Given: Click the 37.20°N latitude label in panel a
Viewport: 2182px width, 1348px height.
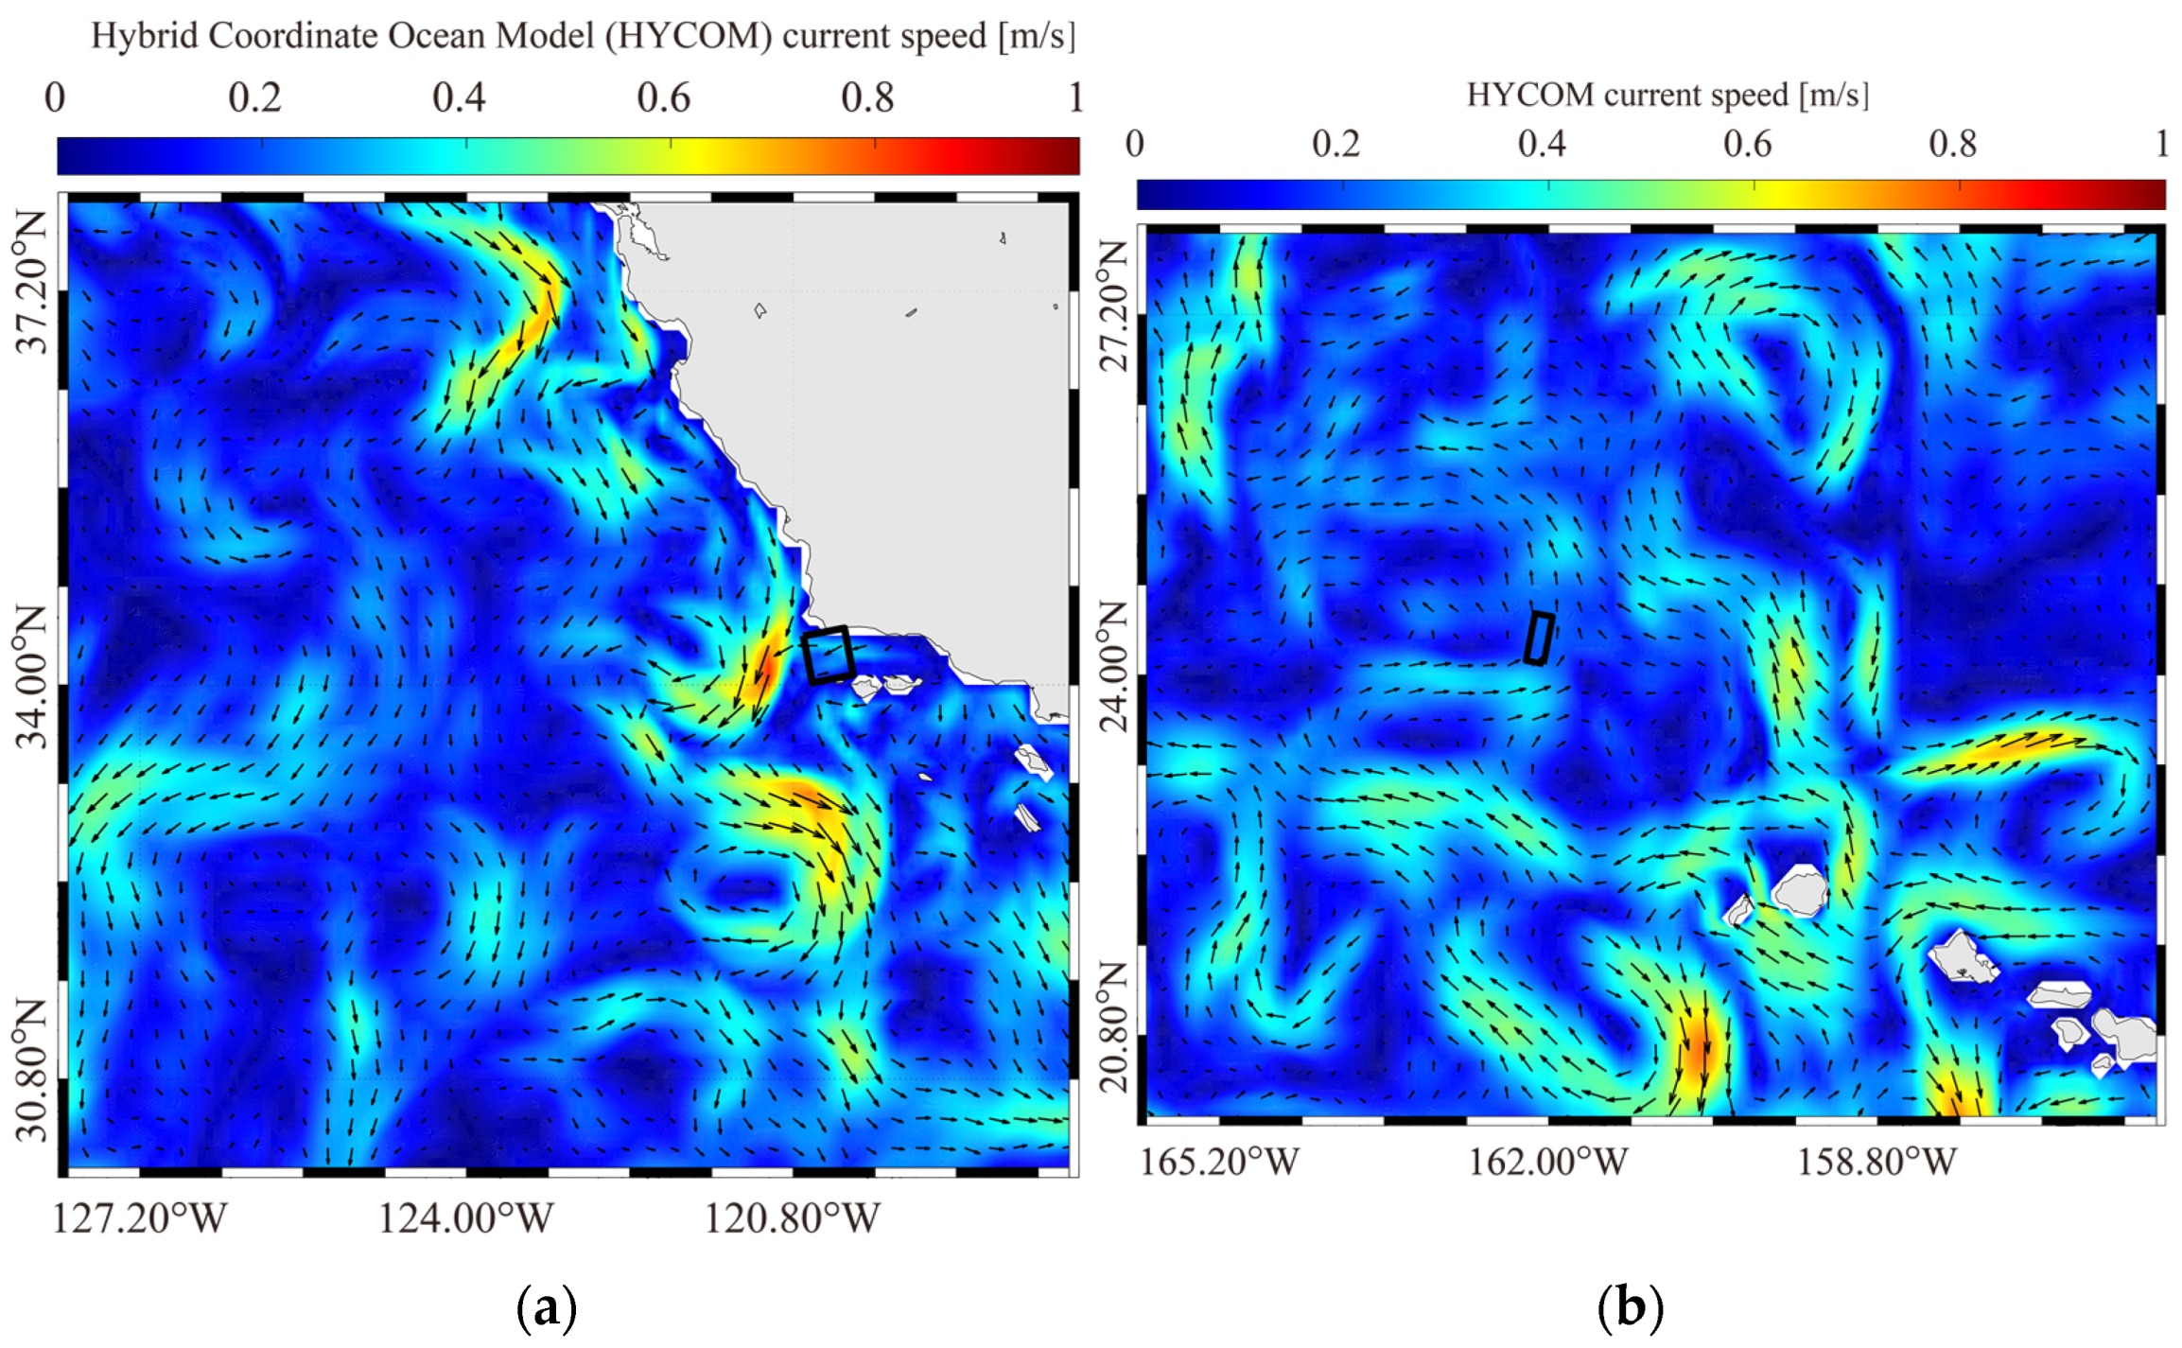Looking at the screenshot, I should [30, 282].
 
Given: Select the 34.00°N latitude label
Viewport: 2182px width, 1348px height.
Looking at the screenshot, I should [30, 677].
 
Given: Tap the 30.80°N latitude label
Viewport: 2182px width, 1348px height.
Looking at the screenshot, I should [30, 1071].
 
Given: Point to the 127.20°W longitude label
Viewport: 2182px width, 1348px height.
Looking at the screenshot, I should [140, 1219].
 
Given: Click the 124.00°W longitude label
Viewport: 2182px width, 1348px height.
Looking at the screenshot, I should [466, 1219].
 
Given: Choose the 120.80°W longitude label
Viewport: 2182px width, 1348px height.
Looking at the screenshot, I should [793, 1219].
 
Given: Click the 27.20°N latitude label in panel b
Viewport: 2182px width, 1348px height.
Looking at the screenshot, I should [1116, 305].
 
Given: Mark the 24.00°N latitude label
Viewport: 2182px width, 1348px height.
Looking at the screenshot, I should [1116, 668].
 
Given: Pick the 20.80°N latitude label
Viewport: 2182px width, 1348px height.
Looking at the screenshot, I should [1116, 1027].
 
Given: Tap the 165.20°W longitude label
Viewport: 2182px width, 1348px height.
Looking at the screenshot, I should [1219, 1163].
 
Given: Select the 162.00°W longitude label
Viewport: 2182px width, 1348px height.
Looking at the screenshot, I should [1547, 1163].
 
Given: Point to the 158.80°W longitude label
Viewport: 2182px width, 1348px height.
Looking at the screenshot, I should [1877, 1163].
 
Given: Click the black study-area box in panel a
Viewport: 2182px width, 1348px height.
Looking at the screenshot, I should [829, 655].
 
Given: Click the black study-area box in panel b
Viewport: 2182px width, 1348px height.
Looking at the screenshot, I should [1539, 639].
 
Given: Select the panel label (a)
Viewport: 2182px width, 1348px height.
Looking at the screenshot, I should [547, 1308].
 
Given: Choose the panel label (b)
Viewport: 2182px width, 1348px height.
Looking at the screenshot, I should [1630, 1308].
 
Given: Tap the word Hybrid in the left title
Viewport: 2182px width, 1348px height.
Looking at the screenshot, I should [145, 36].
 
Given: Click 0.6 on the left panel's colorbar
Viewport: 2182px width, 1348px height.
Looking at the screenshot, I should [663, 97].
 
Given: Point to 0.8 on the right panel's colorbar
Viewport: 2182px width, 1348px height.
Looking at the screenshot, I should [1952, 144].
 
